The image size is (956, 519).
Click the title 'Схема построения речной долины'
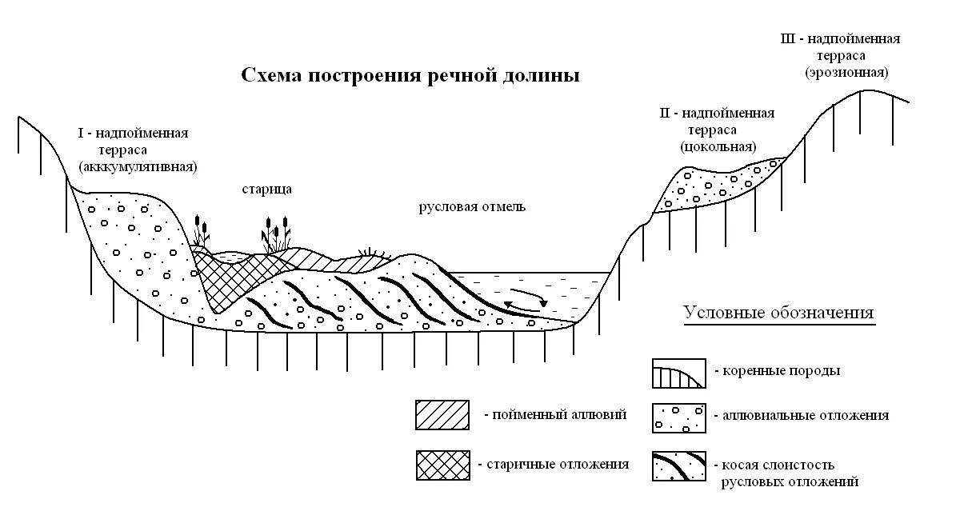pyautogui.click(x=410, y=77)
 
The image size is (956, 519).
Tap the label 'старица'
pyautogui.click(x=266, y=190)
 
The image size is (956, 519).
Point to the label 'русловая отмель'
pyautogui.click(x=471, y=207)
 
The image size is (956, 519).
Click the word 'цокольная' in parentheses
pyautogui.click(x=718, y=147)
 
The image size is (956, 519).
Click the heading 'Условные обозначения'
pyautogui.click(x=778, y=313)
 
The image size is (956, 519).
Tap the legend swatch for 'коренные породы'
pyautogui.click(x=678, y=373)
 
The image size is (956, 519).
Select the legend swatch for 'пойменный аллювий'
pyautogui.click(x=442, y=415)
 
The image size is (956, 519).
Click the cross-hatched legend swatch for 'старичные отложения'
pyautogui.click(x=442, y=465)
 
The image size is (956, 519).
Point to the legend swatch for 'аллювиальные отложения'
pyautogui.click(x=678, y=417)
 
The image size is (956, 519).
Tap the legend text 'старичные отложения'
pyautogui.click(x=553, y=464)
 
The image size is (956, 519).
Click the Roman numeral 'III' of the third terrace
pyautogui.click(x=788, y=38)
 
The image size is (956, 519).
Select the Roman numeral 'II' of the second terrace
pyautogui.click(x=664, y=114)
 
